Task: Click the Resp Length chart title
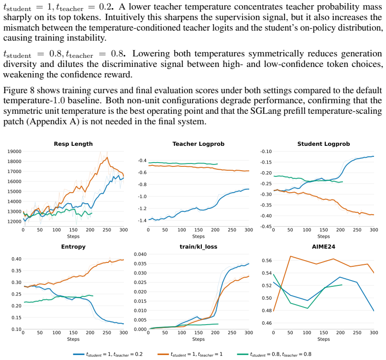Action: (x=73, y=144)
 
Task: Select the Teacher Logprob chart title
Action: (x=199, y=144)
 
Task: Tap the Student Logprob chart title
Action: (x=323, y=144)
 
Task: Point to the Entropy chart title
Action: (x=73, y=247)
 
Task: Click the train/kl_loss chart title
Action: (x=199, y=247)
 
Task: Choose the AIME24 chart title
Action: (x=323, y=247)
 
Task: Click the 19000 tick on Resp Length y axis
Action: (x=14, y=152)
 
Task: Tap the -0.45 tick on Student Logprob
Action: (x=266, y=227)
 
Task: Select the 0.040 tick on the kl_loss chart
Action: (x=140, y=254)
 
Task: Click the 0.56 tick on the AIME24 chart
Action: (x=266, y=261)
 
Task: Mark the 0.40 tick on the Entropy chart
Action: (x=16, y=259)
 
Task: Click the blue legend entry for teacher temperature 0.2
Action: (x=108, y=354)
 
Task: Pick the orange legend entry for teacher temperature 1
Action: (x=190, y=354)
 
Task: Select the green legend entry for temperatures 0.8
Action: (x=274, y=354)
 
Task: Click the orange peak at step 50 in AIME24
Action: (x=290, y=256)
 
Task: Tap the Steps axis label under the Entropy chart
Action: (x=73, y=339)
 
